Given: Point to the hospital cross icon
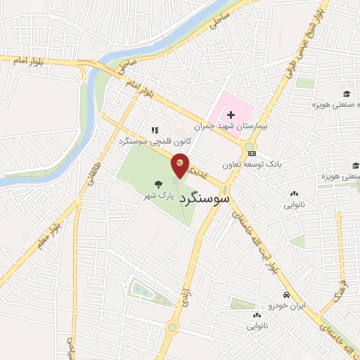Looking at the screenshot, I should (x=231, y=114).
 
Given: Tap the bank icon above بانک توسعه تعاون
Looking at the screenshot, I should (x=252, y=153).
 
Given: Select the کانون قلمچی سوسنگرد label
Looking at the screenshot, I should (x=149, y=141).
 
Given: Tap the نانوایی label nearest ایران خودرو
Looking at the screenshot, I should (x=257, y=326).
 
